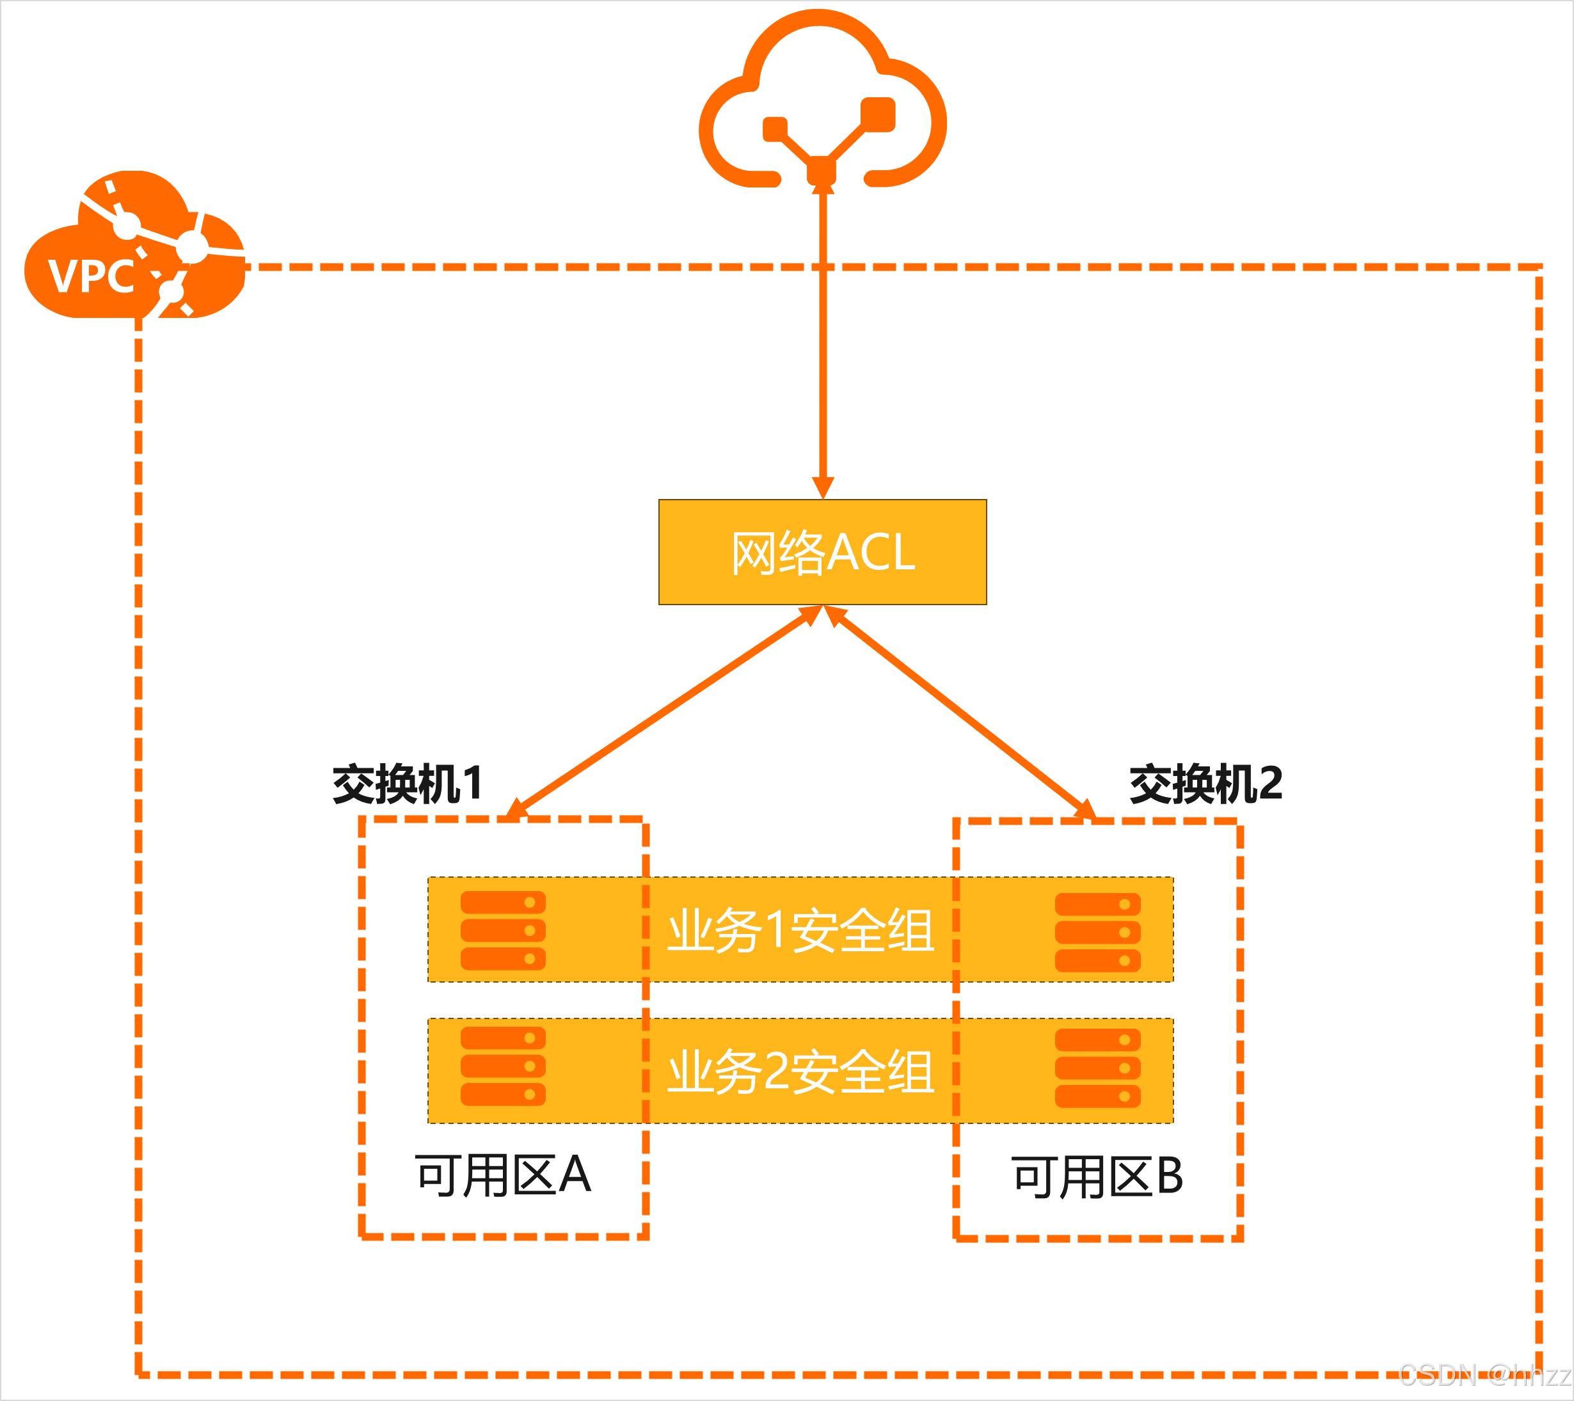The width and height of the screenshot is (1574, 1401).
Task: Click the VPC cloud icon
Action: (135, 245)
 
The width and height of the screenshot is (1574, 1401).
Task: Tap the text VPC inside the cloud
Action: (90, 276)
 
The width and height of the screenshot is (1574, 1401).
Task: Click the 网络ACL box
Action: (822, 552)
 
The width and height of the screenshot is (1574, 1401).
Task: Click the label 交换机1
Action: (406, 784)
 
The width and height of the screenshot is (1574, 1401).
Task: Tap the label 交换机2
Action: (1205, 784)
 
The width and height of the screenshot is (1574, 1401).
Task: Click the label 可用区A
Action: (503, 1175)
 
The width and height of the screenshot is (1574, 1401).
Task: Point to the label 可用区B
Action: (1097, 1177)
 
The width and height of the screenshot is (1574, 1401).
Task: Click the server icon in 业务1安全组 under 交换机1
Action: (503, 931)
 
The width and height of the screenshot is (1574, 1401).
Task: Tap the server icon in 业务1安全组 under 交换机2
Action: (1097, 932)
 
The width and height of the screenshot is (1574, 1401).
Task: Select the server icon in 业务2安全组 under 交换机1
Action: (503, 1066)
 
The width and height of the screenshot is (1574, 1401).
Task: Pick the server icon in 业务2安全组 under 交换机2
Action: (1097, 1068)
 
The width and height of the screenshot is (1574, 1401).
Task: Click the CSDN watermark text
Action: (1483, 1375)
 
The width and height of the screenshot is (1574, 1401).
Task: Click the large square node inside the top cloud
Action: (878, 114)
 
